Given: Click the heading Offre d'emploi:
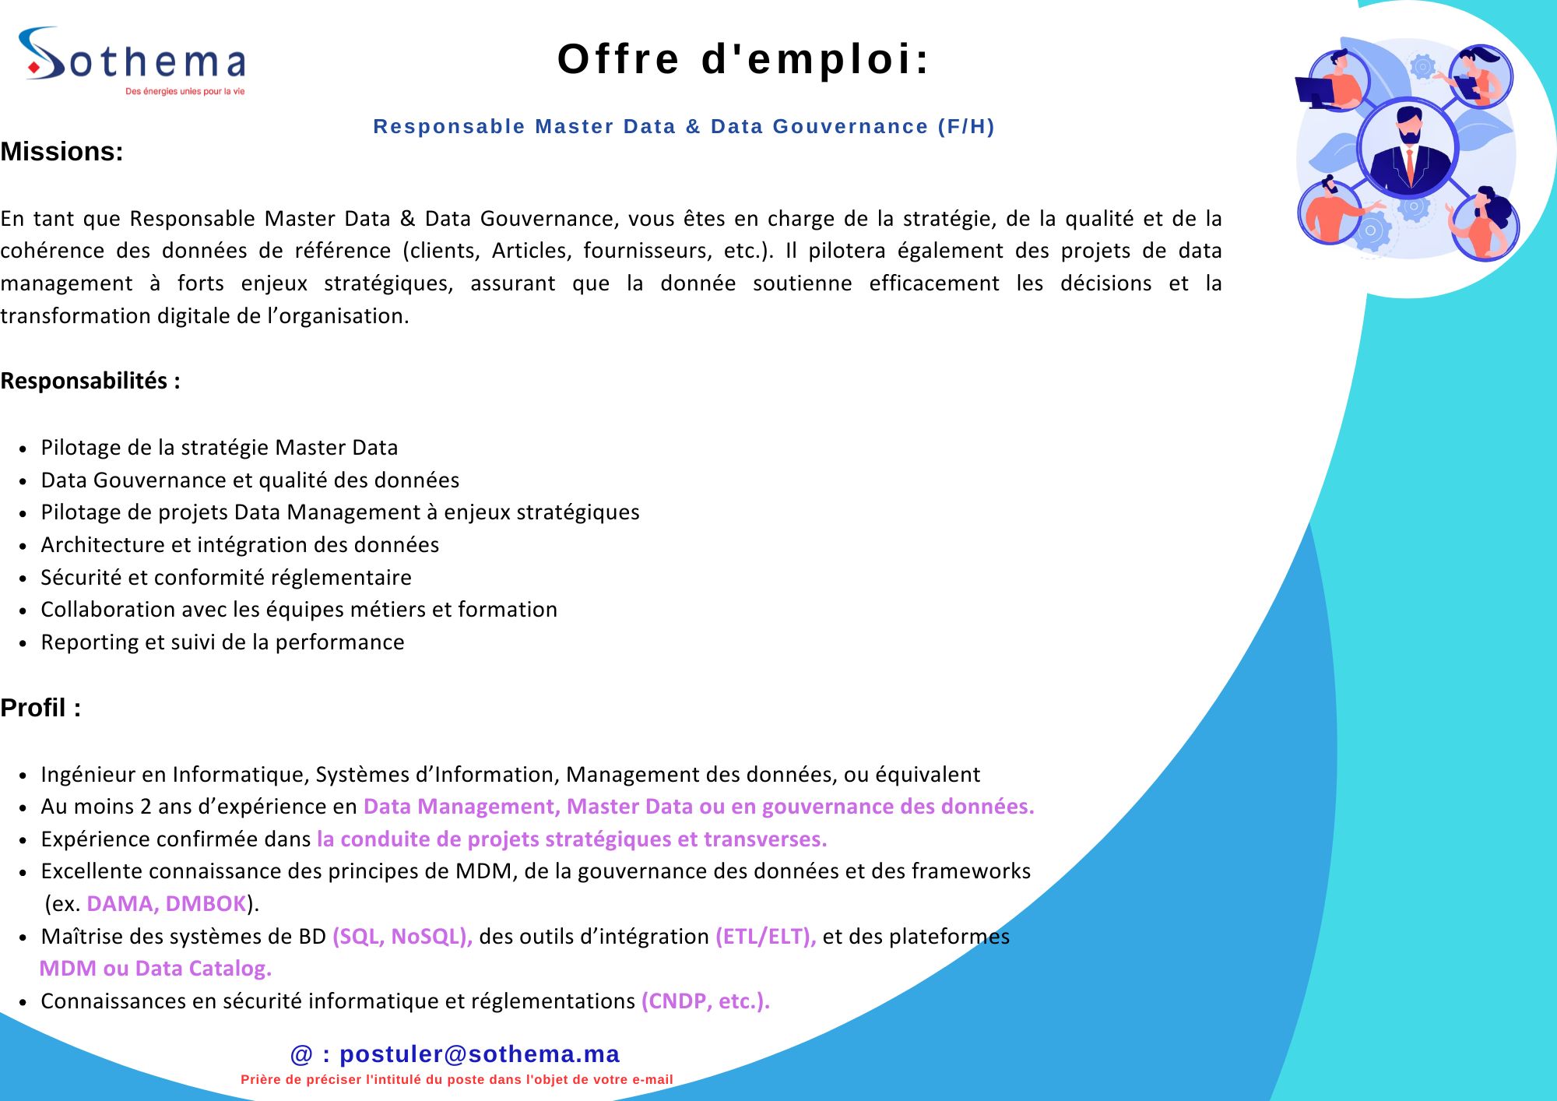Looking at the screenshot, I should pyautogui.click(x=743, y=59).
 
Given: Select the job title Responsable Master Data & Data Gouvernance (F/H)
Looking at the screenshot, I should pyautogui.click(x=684, y=126).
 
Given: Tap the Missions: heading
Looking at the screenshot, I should pyautogui.click(x=62, y=151).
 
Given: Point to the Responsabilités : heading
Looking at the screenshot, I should pyautogui.click(x=90, y=381).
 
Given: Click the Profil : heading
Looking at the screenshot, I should pyautogui.click(x=40, y=708).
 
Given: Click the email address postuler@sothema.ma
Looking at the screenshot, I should pyautogui.click(x=479, y=1054).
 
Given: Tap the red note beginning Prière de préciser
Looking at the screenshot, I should pyautogui.click(x=456, y=1079).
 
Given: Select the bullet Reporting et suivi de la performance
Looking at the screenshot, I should pyautogui.click(x=223, y=642).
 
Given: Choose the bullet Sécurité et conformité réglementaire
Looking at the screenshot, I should pyautogui.click(x=226, y=577).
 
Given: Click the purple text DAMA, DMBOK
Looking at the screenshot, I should pyautogui.click(x=167, y=903).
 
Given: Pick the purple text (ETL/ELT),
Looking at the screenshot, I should pyautogui.click(x=765, y=936).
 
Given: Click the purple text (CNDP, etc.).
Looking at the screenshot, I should pyautogui.click(x=705, y=1001).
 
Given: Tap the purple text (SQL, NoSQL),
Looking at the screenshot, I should pyautogui.click(x=402, y=936).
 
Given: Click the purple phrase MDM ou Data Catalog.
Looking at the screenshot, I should pyautogui.click(x=156, y=968).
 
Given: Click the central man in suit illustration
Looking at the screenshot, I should pyautogui.click(x=1408, y=148).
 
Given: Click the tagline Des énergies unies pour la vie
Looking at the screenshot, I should pyautogui.click(x=185, y=91).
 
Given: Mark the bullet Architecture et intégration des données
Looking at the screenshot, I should pyautogui.click(x=240, y=544).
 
